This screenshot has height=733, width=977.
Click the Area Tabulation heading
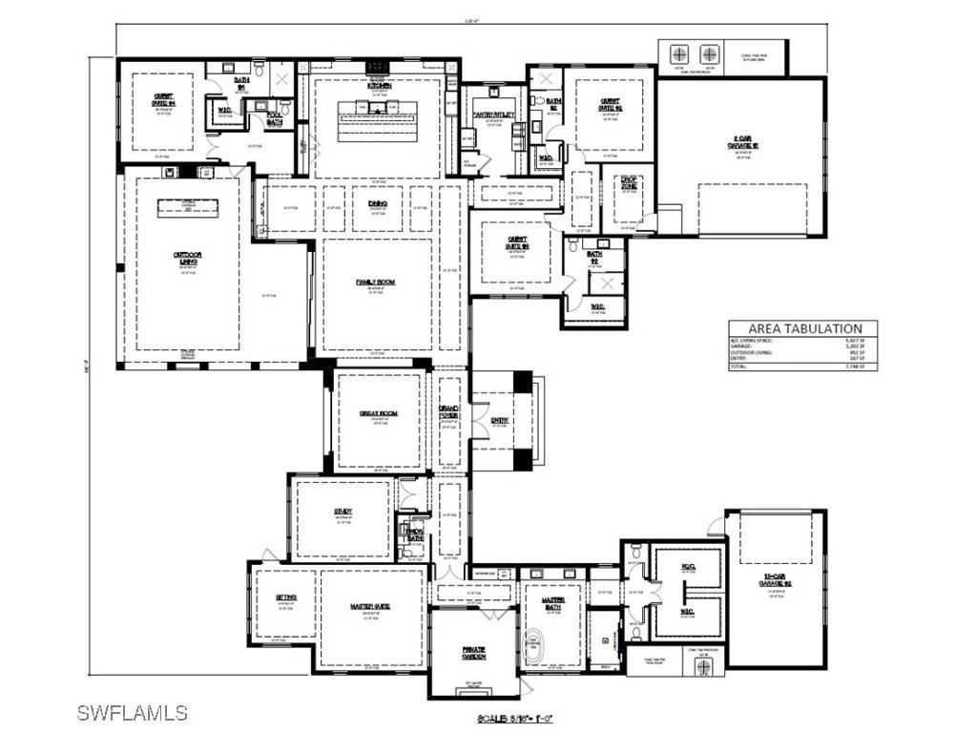(804, 328)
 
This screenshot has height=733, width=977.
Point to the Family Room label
(376, 283)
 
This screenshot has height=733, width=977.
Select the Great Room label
(378, 413)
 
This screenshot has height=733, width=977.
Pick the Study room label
(343, 512)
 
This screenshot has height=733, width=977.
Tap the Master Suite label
(370, 607)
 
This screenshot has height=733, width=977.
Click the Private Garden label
(474, 652)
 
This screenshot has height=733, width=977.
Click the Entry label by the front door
(500, 420)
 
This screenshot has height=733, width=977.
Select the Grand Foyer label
(448, 411)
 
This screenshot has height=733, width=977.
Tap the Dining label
(377, 203)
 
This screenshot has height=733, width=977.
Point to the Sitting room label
(285, 597)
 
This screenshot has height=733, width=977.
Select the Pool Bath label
(275, 119)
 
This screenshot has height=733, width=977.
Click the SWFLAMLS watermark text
(133, 712)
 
